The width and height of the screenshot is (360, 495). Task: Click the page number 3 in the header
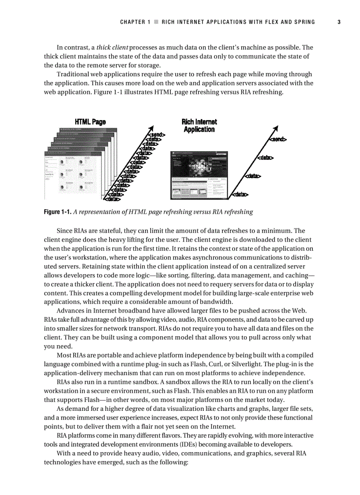[x=339, y=22]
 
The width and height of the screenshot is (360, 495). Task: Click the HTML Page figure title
[x=90, y=122]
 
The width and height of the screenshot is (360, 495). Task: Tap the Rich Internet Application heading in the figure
[x=199, y=126]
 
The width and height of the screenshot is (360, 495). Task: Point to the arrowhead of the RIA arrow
[x=276, y=129]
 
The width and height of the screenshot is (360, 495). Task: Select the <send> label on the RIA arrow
[x=277, y=140]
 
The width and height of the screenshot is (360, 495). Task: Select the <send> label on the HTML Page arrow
[x=157, y=134]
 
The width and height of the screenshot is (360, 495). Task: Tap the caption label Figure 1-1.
[x=57, y=212]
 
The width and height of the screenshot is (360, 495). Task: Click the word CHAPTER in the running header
[x=132, y=22]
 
